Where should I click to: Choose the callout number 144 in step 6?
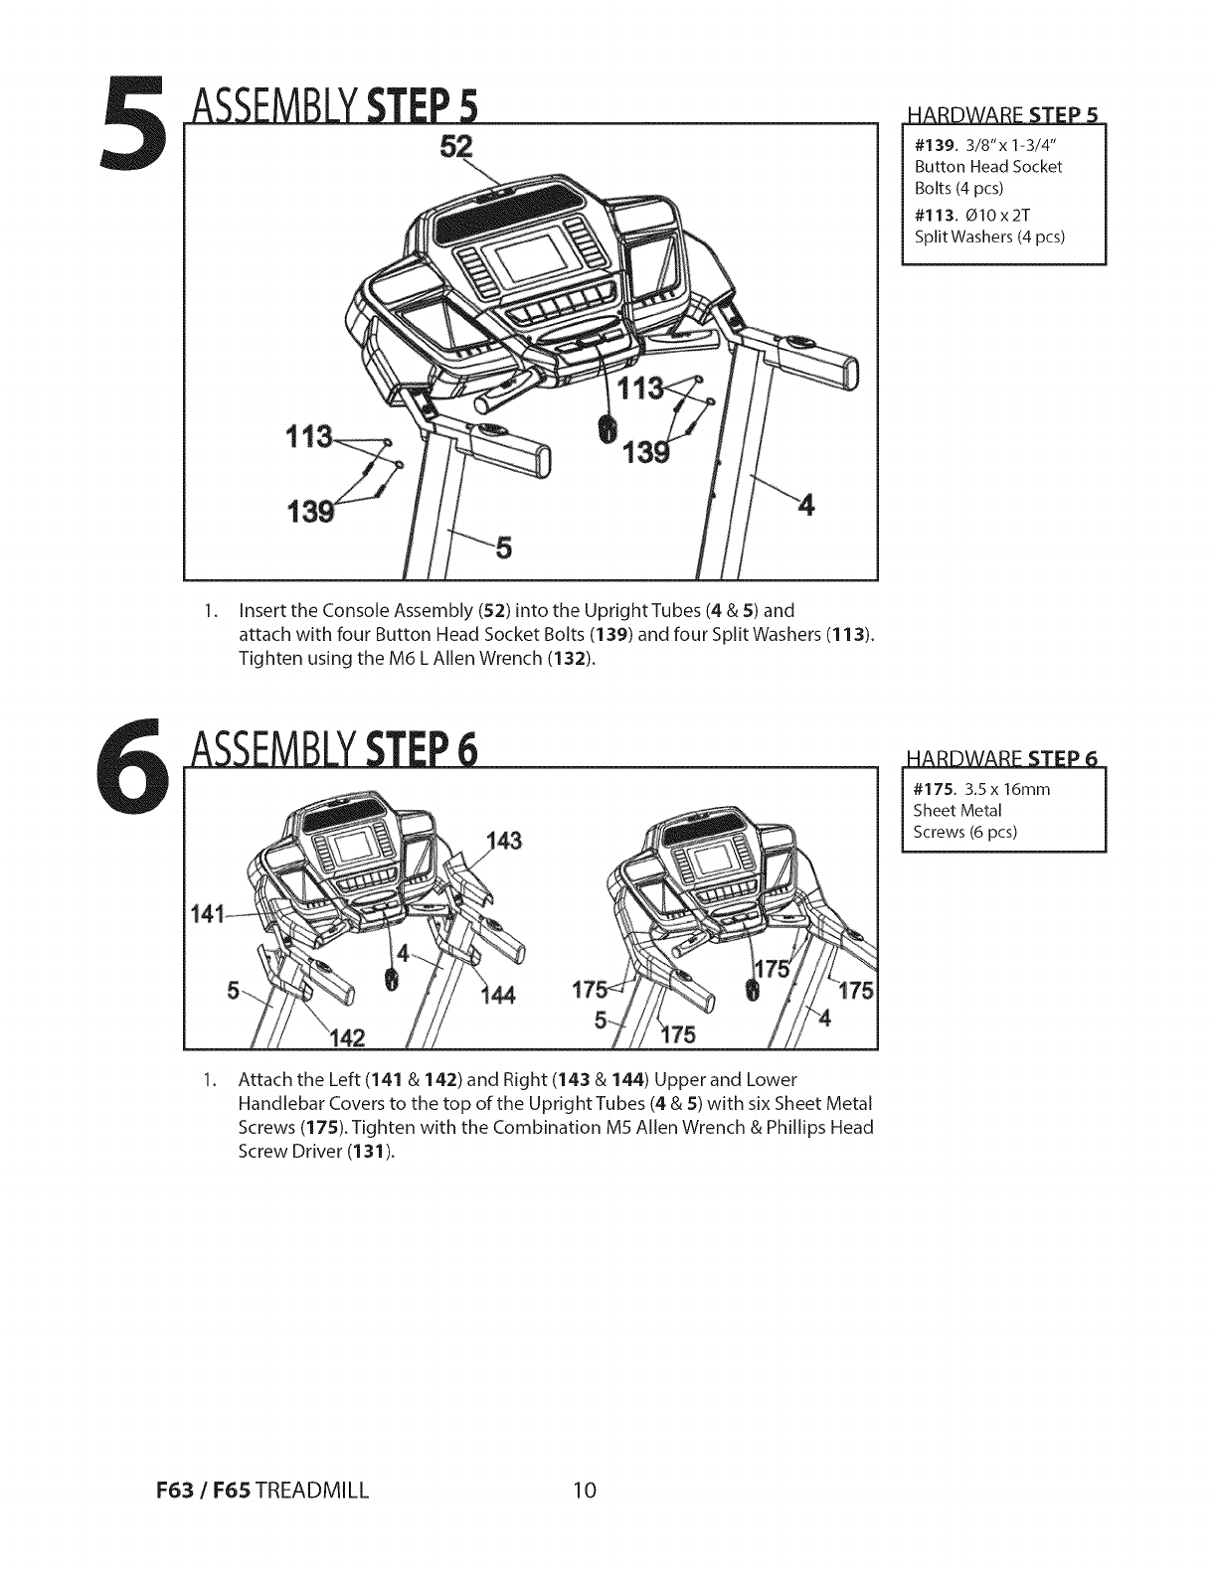pyautogui.click(x=496, y=998)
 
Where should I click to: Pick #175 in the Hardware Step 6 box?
pyautogui.click(x=931, y=790)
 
